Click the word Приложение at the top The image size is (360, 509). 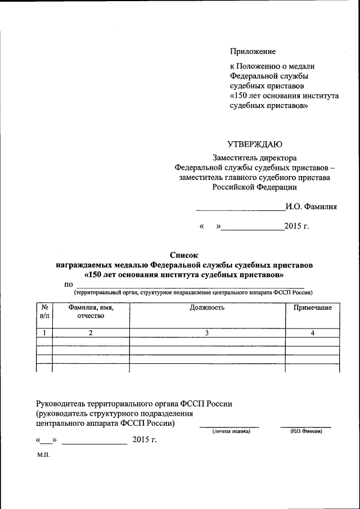click(253, 52)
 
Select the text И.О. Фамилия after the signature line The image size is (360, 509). click(311, 206)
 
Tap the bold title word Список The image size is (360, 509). click(184, 255)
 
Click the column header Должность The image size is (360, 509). click(207, 308)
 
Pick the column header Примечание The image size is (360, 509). click(312, 308)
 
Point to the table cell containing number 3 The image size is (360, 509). click(207, 333)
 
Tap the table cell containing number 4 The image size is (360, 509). click(312, 333)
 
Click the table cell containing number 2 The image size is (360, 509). click(91, 333)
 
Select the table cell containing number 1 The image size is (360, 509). click(44, 333)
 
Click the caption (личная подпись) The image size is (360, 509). click(231, 431)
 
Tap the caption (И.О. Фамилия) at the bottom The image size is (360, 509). click(305, 431)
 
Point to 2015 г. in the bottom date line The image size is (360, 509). click(145, 440)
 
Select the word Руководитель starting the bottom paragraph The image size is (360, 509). click(61, 403)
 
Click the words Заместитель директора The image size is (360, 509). click(254, 158)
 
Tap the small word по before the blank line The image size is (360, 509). click(69, 285)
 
